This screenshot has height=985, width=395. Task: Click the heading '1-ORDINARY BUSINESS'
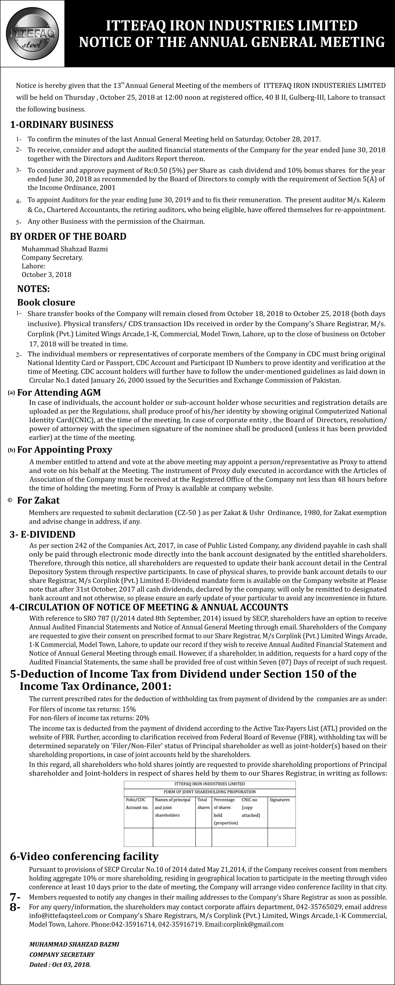(x=62, y=125)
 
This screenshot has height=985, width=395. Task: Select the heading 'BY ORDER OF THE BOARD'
(x=68, y=236)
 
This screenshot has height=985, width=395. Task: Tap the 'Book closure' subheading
(x=46, y=303)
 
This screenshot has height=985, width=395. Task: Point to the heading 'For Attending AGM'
(x=59, y=392)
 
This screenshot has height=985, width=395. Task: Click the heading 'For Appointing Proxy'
(x=64, y=450)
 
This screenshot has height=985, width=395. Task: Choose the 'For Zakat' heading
(x=38, y=500)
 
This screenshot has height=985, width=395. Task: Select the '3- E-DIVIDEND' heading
(x=43, y=534)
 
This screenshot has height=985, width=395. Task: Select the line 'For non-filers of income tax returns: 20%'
(x=89, y=718)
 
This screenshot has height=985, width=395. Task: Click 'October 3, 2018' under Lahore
(x=46, y=274)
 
